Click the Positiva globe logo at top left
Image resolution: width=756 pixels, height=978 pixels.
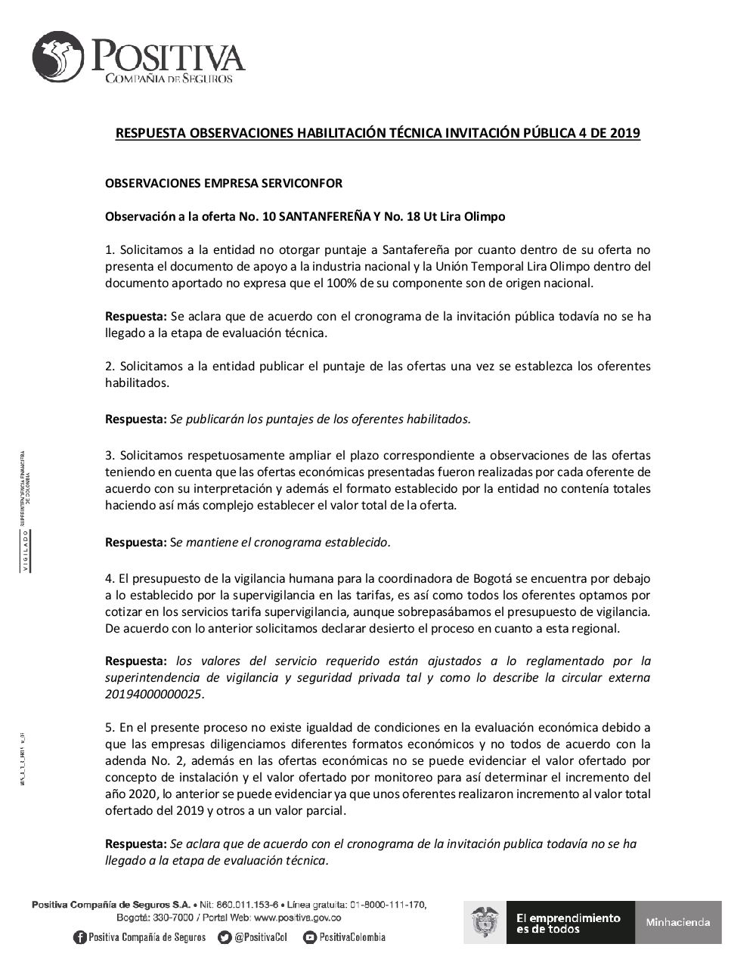(57, 57)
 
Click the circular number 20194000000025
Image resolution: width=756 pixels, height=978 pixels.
(154, 694)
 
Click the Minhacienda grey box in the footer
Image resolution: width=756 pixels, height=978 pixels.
(678, 922)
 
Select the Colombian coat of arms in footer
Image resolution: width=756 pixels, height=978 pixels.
(485, 922)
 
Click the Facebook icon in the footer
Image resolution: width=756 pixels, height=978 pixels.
(79, 937)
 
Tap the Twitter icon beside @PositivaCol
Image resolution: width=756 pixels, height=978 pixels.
(225, 937)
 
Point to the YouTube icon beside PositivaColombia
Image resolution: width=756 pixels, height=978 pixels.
(309, 937)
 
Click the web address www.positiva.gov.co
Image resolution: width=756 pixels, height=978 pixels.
(297, 918)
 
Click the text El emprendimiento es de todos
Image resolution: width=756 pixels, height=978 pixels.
(568, 922)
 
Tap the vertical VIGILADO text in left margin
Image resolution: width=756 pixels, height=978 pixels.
(26, 551)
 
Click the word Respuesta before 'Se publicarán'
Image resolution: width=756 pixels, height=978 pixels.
(135, 419)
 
